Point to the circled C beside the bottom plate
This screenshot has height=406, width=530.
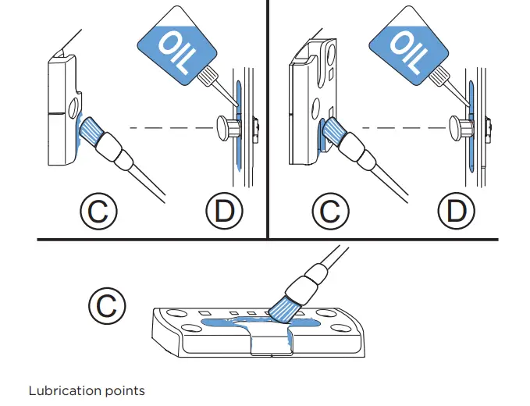(x=106, y=304)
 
